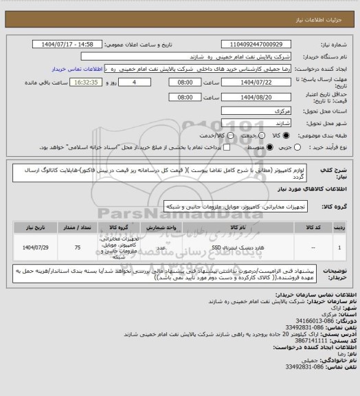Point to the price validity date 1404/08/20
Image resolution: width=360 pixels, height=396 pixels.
(252, 97)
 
